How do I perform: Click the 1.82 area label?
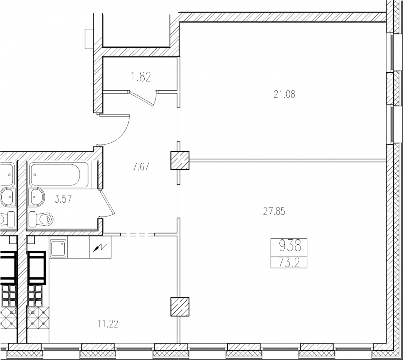(x=141, y=77)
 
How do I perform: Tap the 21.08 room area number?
(x=284, y=95)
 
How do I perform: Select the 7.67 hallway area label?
(x=141, y=167)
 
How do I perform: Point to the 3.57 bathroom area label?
(x=63, y=199)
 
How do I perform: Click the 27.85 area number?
(x=274, y=212)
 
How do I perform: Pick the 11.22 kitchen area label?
(x=108, y=324)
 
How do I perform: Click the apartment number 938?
(x=290, y=246)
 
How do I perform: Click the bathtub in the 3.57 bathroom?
(x=59, y=174)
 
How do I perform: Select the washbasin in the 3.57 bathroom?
(x=36, y=197)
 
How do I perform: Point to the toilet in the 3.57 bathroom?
(x=41, y=219)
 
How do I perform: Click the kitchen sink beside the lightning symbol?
(x=58, y=249)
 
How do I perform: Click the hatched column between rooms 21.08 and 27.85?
(x=180, y=160)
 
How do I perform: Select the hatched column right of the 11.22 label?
(x=180, y=307)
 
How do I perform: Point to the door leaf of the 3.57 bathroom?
(x=107, y=202)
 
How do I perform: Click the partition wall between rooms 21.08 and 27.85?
(x=288, y=160)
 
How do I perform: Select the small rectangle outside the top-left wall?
(x=89, y=39)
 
